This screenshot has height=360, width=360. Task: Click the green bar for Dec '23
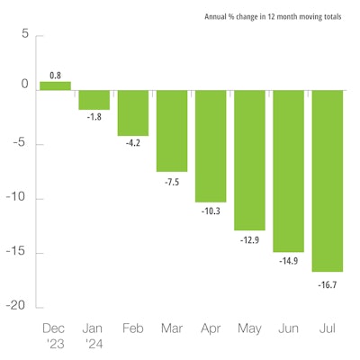click(x=55, y=86)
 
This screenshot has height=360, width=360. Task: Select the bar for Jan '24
click(x=94, y=100)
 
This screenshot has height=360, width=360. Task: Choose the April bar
click(x=211, y=147)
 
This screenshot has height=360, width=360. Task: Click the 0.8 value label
click(x=55, y=76)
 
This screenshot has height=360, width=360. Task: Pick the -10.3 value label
click(x=211, y=210)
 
